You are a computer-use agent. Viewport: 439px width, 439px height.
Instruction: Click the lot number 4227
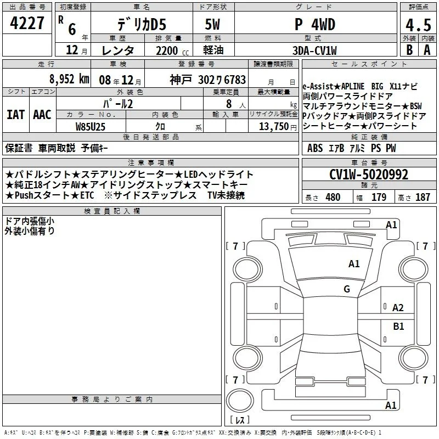pos(27,23)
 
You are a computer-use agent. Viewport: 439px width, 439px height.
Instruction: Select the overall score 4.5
pos(418,25)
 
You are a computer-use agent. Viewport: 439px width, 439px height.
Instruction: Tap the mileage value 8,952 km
pos(69,79)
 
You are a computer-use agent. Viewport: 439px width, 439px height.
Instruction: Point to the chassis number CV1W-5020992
pos(369,175)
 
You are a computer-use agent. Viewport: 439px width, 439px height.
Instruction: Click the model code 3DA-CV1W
pos(314,50)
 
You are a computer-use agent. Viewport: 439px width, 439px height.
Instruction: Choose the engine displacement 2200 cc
pos(172,50)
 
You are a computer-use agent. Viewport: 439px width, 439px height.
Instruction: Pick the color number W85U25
pos(91,127)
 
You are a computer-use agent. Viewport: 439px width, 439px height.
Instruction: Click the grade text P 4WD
pos(315,25)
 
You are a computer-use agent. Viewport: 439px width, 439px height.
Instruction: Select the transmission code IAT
pos(16,115)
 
